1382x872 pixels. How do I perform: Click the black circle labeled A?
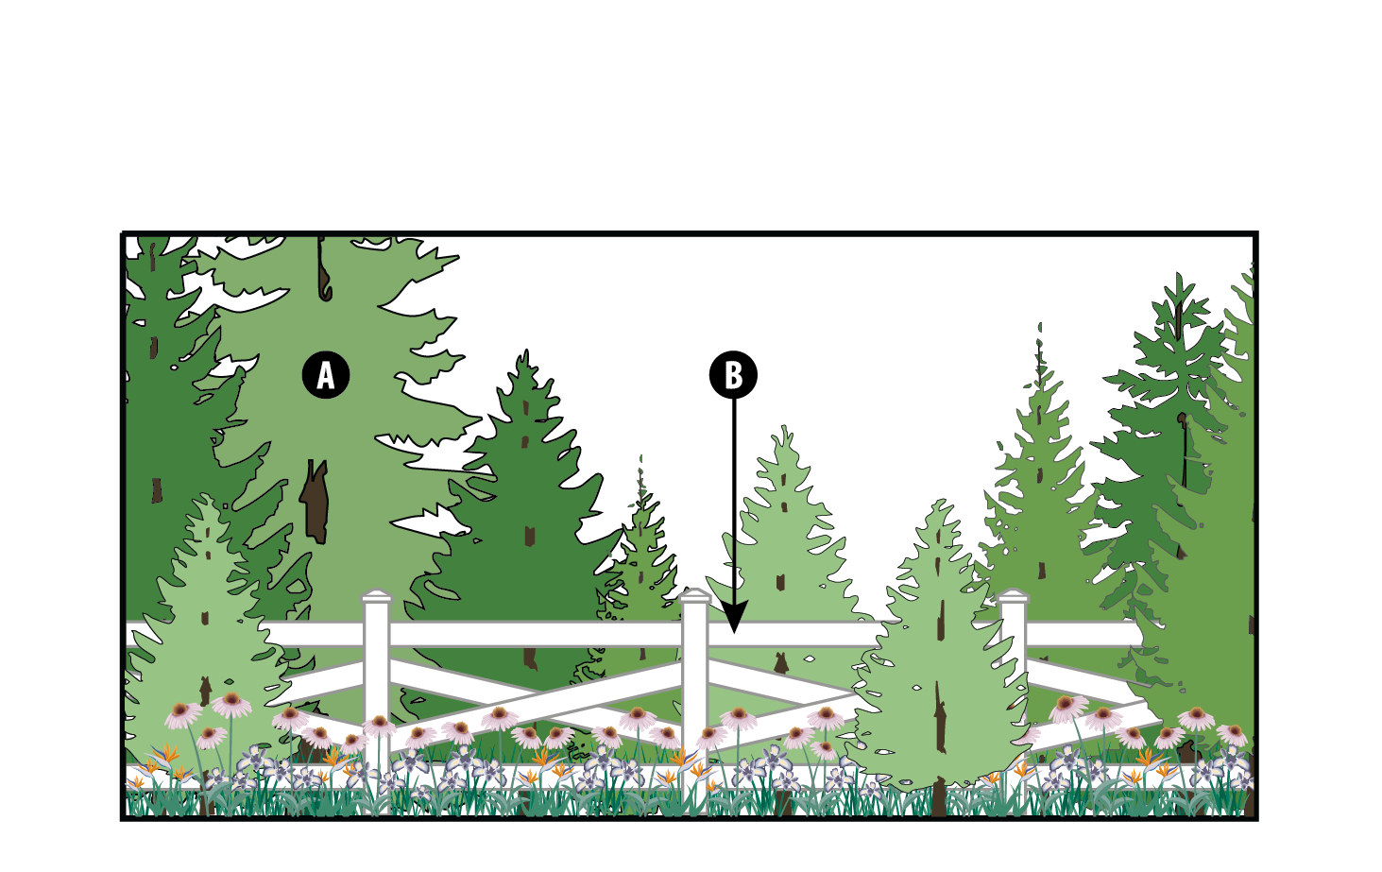click(x=326, y=375)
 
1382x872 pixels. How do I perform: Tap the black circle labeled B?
click(x=733, y=375)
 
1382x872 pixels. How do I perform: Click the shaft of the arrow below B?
click(x=734, y=500)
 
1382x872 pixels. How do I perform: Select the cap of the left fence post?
click(x=376, y=596)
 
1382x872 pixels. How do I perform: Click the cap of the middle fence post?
click(x=694, y=595)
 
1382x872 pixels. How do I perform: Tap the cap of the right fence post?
click(x=1013, y=596)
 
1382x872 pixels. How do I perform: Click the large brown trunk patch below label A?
click(x=315, y=501)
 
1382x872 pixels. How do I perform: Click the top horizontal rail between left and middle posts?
click(x=536, y=634)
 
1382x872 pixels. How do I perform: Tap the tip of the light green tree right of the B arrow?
click(x=784, y=427)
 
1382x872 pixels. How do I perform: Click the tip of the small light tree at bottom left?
click(x=206, y=495)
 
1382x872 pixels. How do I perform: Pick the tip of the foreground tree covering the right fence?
click(x=940, y=501)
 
